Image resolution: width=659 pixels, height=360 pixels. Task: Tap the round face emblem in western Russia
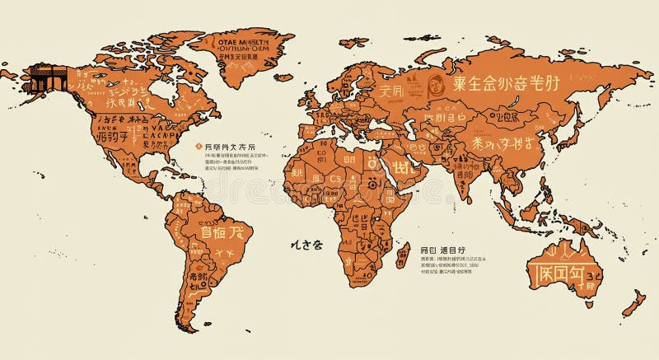tap(436, 82)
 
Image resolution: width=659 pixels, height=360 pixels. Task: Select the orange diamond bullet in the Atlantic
tap(199, 146)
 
